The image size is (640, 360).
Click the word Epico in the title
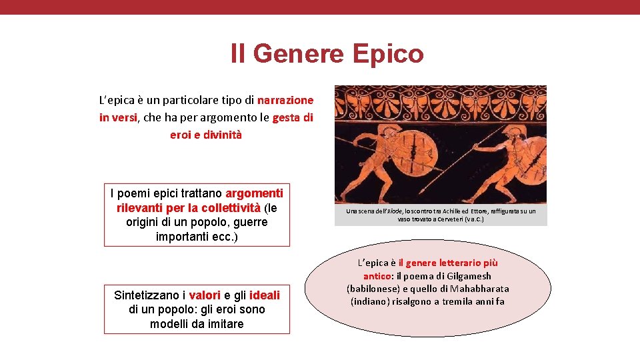click(389, 53)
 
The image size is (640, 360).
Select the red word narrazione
click(285, 101)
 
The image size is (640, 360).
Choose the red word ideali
click(265, 295)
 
